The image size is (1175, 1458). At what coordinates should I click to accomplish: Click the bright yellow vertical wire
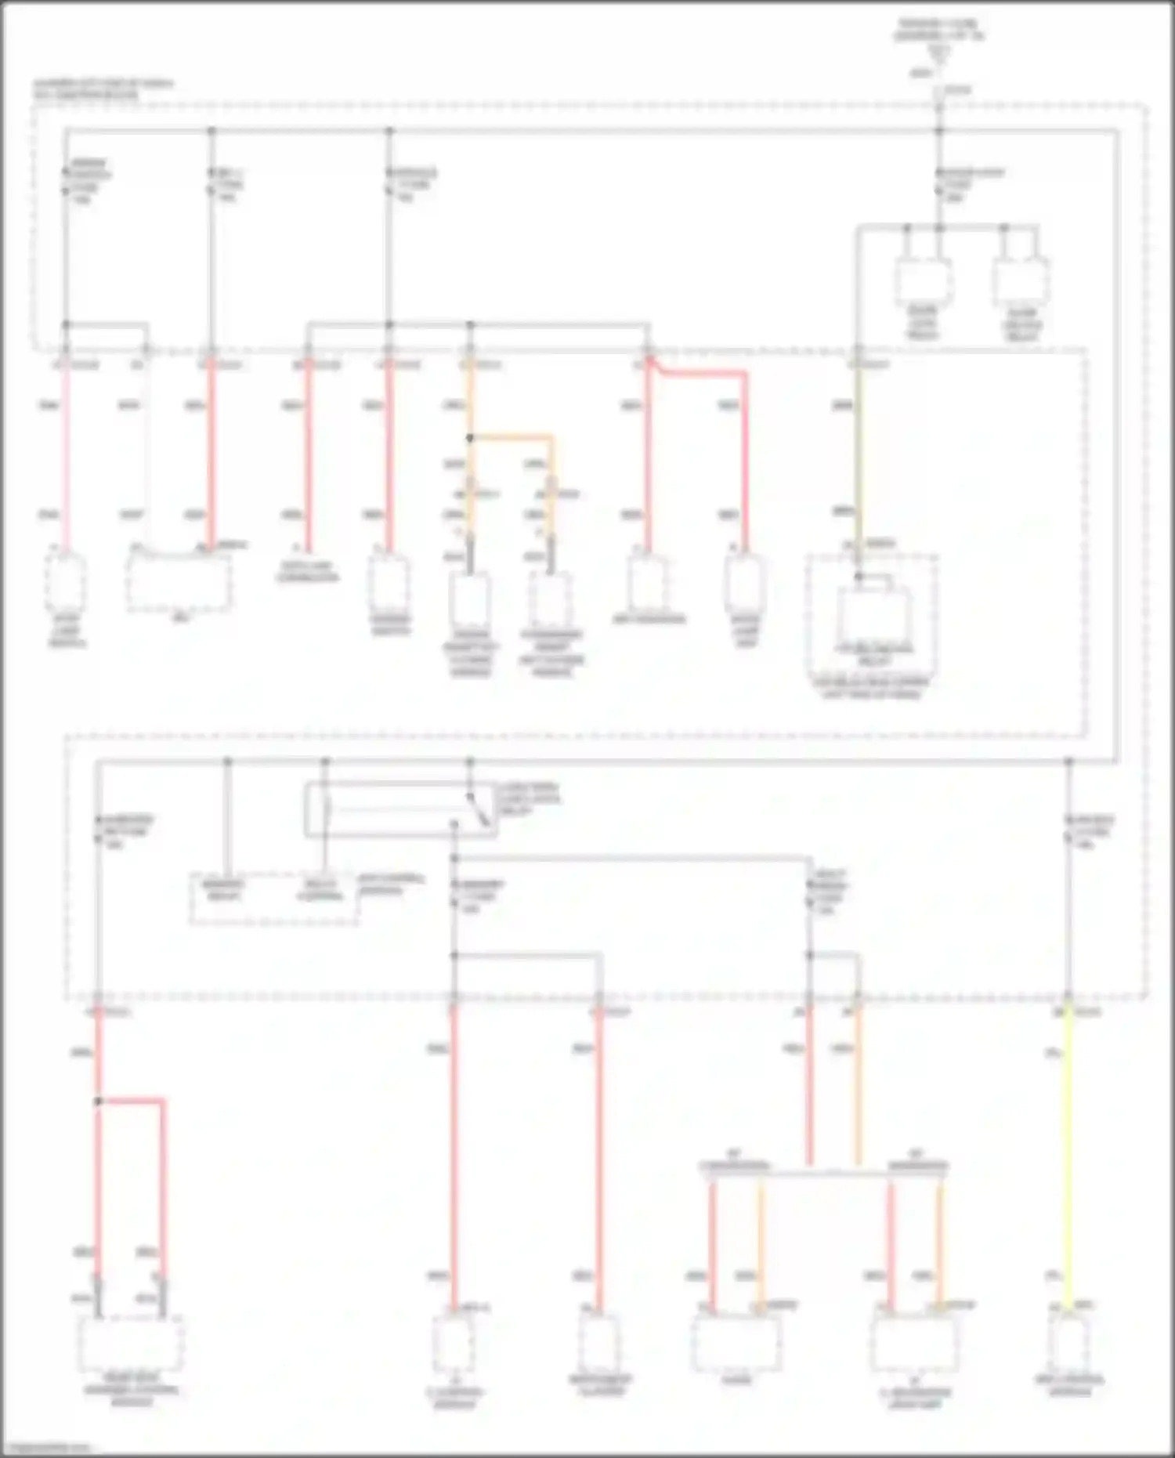click(1068, 1160)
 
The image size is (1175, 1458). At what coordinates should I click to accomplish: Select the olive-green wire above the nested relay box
click(859, 454)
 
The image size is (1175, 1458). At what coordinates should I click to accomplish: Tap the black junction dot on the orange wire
click(470, 437)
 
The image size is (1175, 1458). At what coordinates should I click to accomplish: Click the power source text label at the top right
click(939, 31)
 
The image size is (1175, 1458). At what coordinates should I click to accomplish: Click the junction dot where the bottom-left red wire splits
click(99, 1101)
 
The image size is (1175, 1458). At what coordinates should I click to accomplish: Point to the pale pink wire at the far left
click(66, 454)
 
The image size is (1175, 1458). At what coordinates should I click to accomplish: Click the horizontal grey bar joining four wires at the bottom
click(824, 1174)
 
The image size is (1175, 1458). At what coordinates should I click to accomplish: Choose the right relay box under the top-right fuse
click(1021, 282)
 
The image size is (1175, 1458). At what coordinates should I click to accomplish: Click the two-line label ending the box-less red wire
click(308, 572)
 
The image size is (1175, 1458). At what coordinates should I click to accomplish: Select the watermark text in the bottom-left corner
click(47, 1448)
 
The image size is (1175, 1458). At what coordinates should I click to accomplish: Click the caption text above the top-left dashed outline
click(103, 89)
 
